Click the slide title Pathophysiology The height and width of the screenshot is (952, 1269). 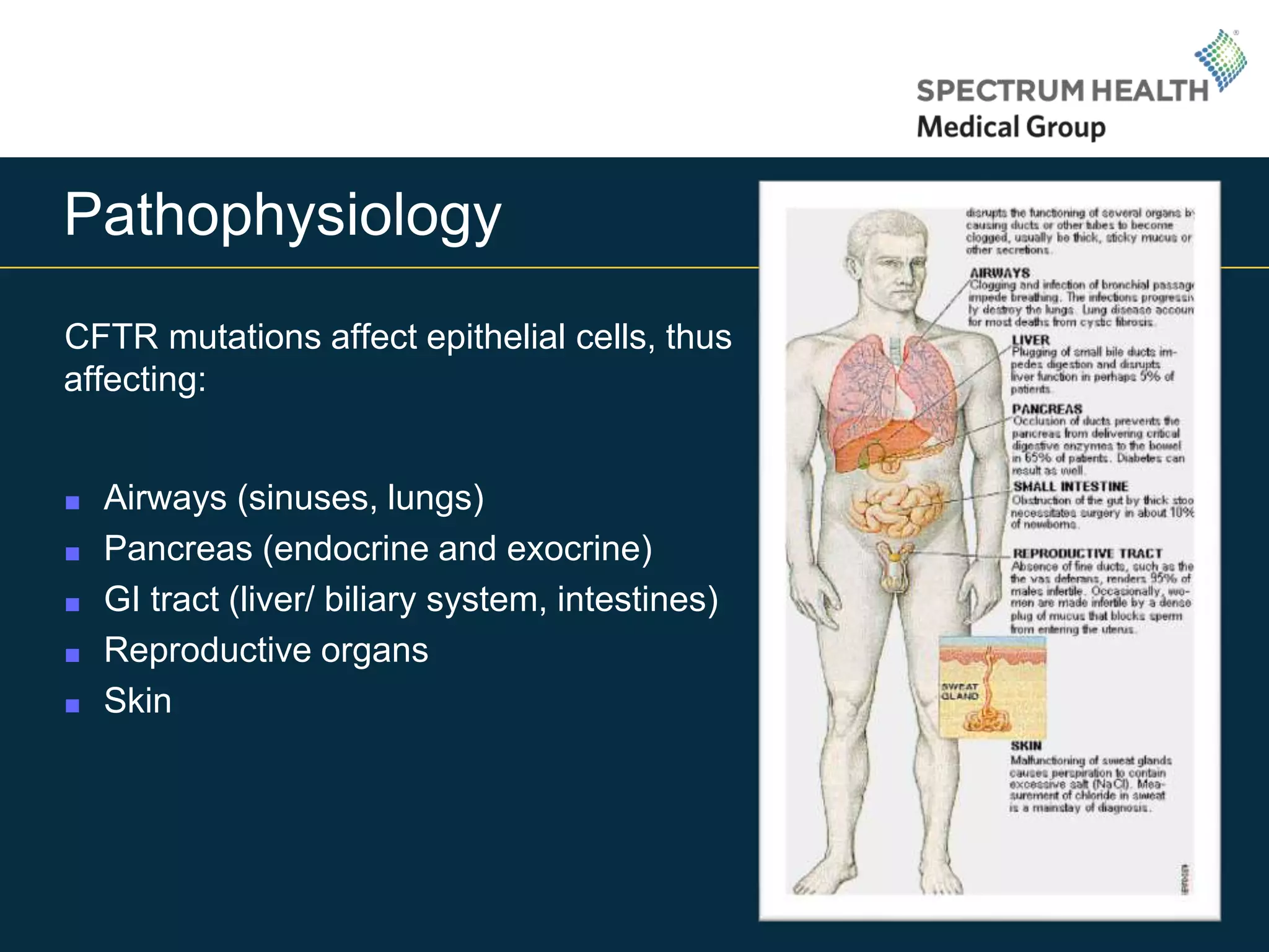coord(283,215)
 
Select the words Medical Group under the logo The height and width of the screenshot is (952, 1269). coord(1011,128)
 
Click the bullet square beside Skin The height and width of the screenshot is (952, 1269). coord(72,705)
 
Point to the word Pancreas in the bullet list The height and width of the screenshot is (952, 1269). coord(178,549)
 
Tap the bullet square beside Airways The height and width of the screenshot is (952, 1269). coord(72,502)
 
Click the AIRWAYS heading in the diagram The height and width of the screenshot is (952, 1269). coord(999,273)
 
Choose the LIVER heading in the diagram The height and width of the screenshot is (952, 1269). coord(1030,340)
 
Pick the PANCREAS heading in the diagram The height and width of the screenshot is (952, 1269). coord(1047,409)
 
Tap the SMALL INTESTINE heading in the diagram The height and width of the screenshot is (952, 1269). coord(1070,487)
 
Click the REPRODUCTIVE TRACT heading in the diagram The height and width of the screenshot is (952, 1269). coord(1087,553)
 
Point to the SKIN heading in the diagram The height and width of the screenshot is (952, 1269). coord(1026,746)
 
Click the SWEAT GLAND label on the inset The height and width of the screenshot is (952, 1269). coord(960,692)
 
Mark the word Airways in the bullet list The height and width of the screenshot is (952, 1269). coord(165,498)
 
